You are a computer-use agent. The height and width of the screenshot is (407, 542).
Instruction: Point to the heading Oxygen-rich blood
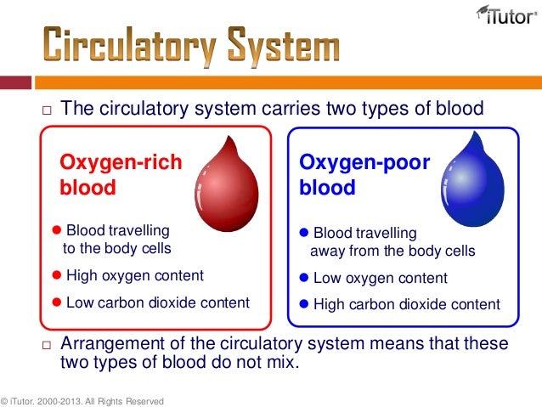[x=120, y=174]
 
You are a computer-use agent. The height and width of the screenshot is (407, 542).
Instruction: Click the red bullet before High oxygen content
[x=58, y=275]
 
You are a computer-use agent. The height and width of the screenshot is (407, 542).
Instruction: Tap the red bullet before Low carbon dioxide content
[x=58, y=302]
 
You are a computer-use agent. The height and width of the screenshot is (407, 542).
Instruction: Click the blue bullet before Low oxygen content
[x=305, y=278]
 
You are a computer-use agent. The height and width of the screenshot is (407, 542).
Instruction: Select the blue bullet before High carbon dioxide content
[x=305, y=304]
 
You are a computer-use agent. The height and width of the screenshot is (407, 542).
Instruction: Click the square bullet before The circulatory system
[x=47, y=110]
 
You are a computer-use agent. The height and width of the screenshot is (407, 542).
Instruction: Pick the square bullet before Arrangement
[x=47, y=345]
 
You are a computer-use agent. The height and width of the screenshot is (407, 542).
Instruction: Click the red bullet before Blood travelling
[x=58, y=230]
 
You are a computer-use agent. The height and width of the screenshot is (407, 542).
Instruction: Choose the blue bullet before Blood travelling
[x=305, y=233]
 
